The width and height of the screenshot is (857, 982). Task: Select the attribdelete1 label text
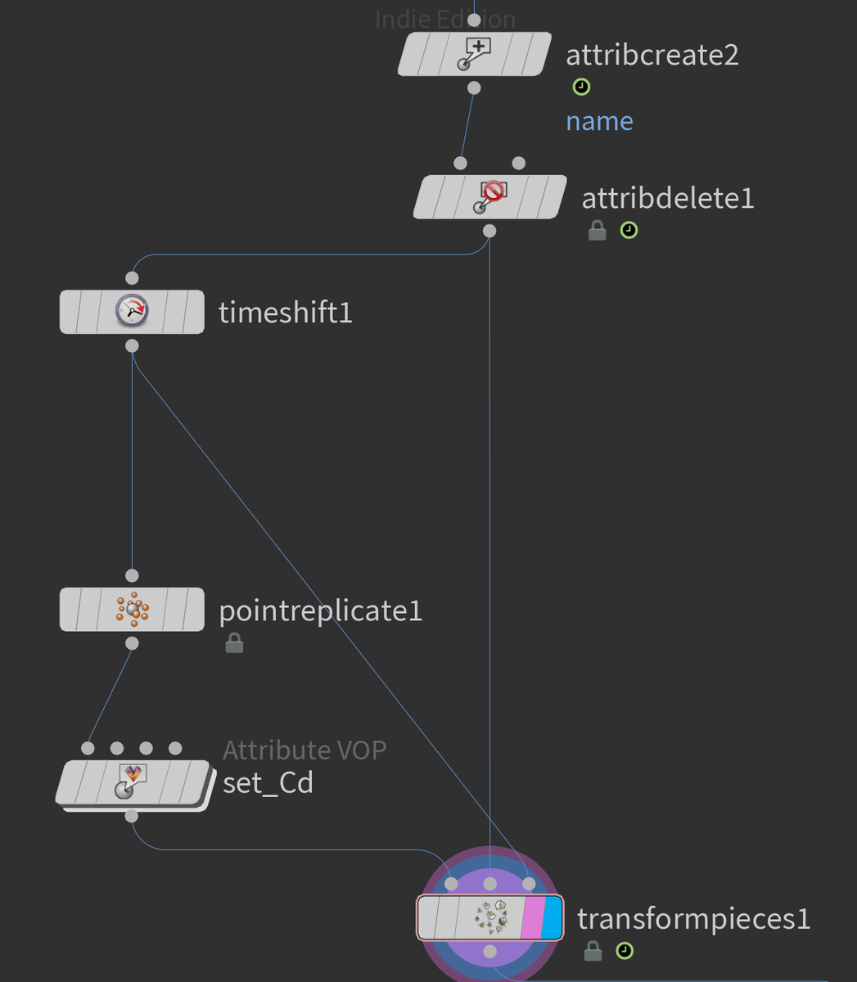click(x=668, y=198)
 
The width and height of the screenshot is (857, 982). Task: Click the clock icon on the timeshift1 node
click(x=132, y=311)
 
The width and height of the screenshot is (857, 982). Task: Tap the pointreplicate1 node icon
click(x=133, y=609)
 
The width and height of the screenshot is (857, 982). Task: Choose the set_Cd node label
click(x=268, y=782)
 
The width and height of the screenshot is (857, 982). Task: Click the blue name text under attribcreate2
click(x=599, y=121)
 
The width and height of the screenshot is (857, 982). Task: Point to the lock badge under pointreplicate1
click(x=234, y=642)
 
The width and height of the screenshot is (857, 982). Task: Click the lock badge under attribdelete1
click(x=598, y=231)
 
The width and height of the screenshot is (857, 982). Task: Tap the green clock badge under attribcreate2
click(x=581, y=87)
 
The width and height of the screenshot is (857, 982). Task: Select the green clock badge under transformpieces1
click(x=625, y=950)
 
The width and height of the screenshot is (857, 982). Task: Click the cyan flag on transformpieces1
click(x=552, y=917)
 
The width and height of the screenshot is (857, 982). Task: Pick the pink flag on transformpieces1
click(x=532, y=917)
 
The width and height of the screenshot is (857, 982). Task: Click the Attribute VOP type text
click(x=304, y=750)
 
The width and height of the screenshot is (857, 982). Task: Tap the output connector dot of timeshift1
click(x=132, y=345)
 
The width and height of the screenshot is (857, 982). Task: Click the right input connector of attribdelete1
click(x=518, y=163)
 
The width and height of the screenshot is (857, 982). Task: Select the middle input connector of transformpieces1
click(x=489, y=884)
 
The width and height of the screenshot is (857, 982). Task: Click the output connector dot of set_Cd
click(x=132, y=816)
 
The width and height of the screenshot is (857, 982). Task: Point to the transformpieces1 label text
click(x=694, y=919)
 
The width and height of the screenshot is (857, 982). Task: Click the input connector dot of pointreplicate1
click(x=132, y=575)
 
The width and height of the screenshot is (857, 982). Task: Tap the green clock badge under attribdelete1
click(x=629, y=231)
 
